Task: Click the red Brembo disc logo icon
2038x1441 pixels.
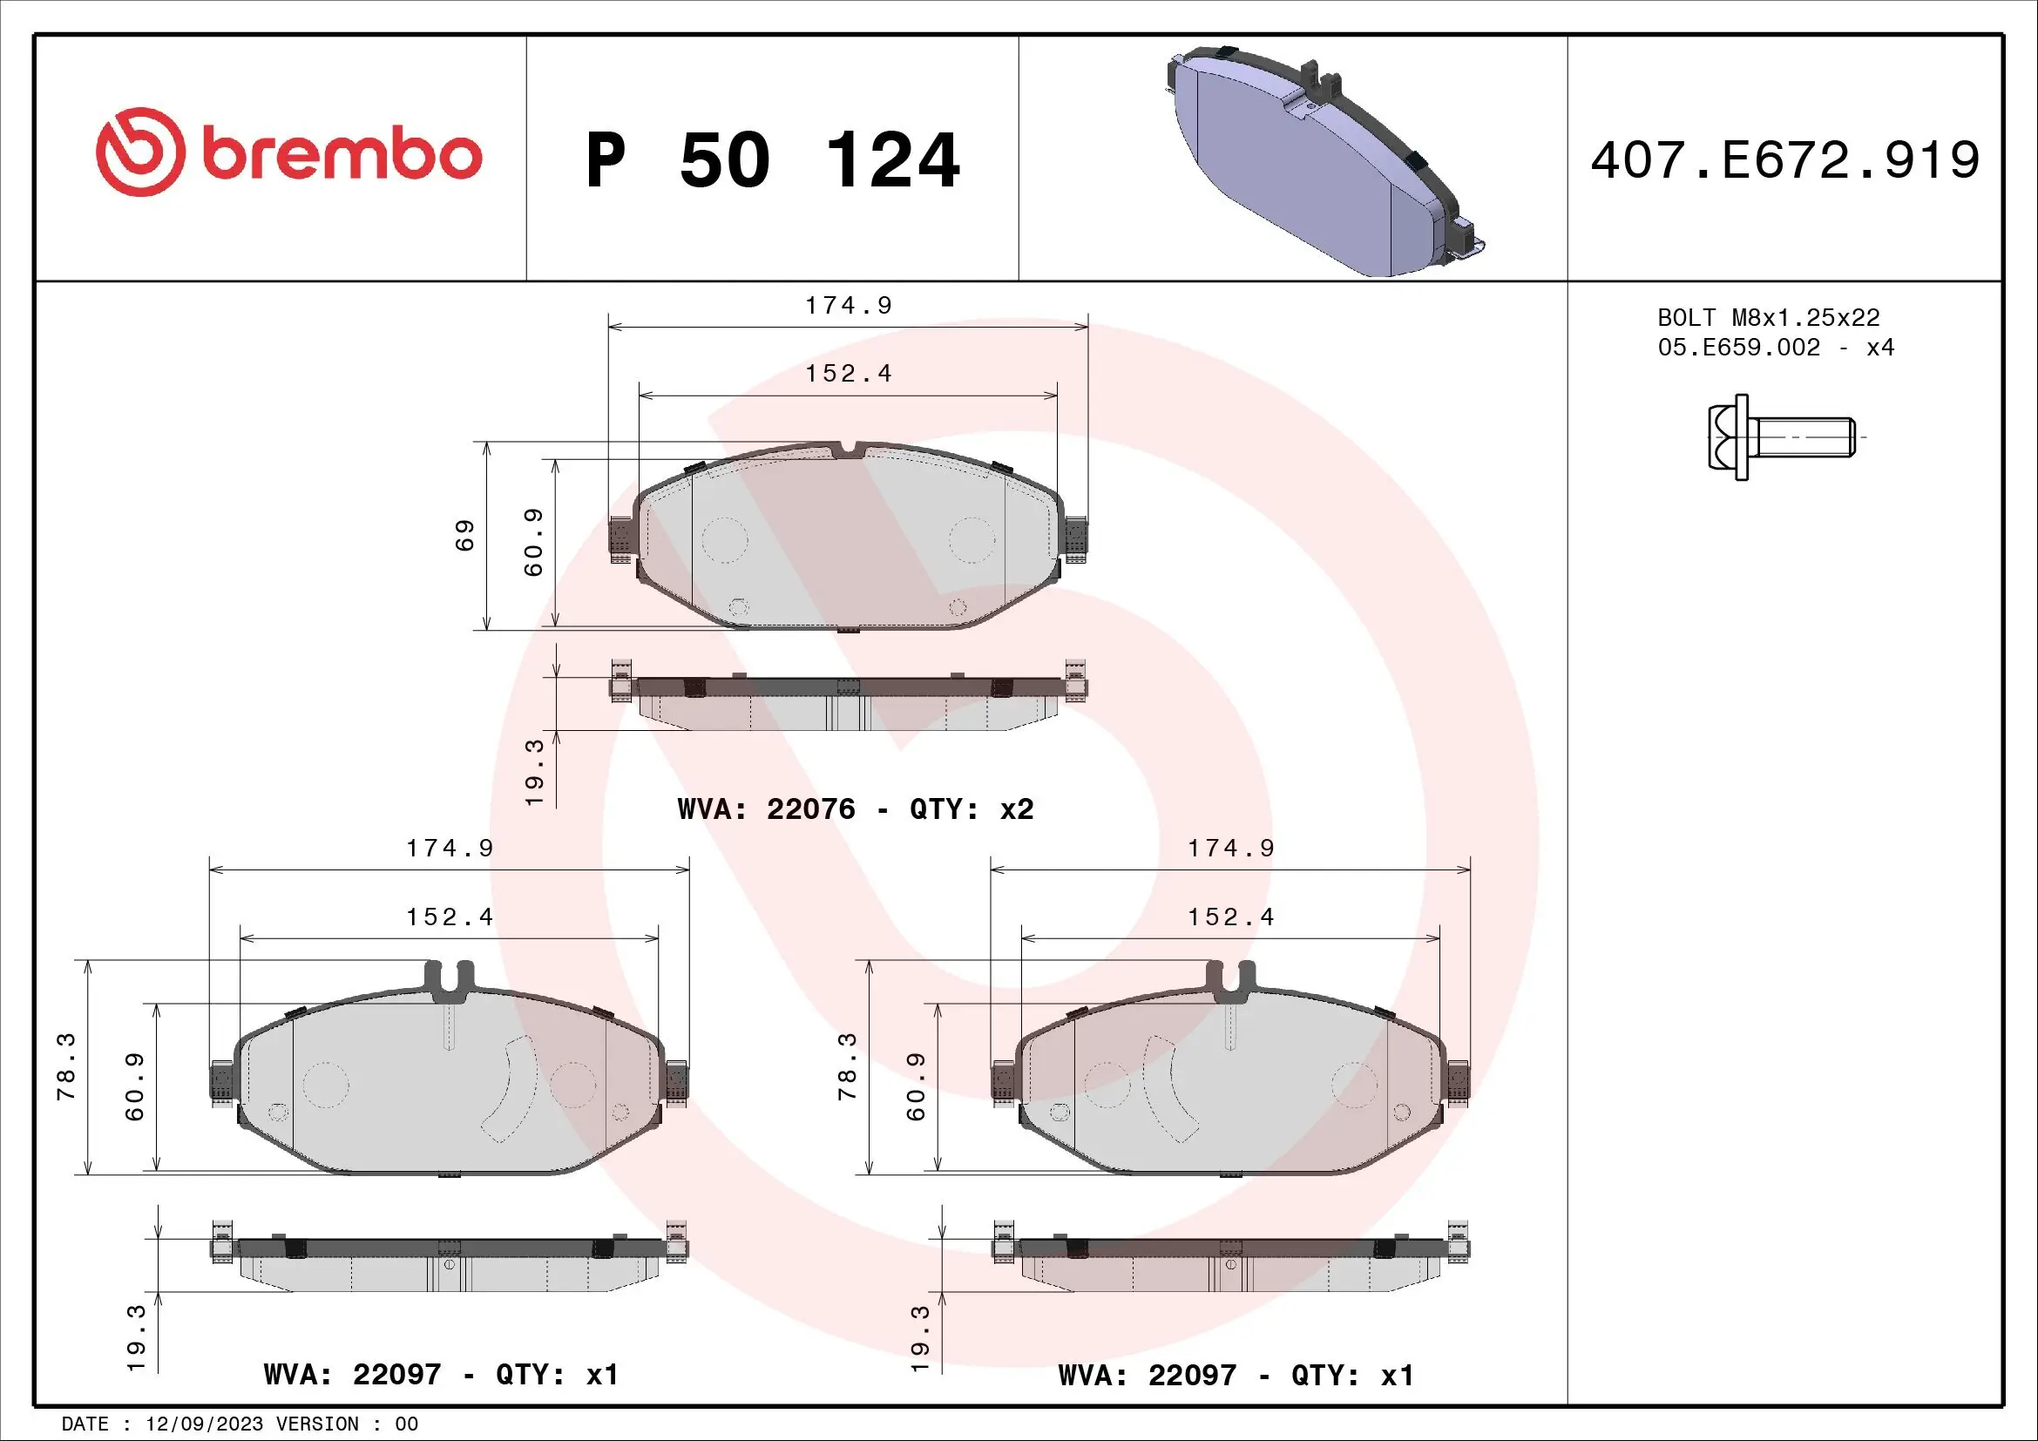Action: coord(140,152)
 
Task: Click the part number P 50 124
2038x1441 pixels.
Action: coord(772,160)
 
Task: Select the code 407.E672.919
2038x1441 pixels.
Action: coord(1784,160)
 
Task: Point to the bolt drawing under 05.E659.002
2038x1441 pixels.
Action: coord(1780,437)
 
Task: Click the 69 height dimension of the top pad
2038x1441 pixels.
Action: coord(465,535)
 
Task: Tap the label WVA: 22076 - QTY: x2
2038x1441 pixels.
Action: coord(855,809)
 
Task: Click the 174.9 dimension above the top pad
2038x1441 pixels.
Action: coord(848,305)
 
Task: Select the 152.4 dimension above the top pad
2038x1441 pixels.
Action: coord(848,374)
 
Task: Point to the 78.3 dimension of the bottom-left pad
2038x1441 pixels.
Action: coord(66,1066)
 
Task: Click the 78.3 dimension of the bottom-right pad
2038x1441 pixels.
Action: coord(848,1066)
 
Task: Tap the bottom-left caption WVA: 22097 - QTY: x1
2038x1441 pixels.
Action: coord(440,1375)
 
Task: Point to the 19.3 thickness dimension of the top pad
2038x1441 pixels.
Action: coord(533,773)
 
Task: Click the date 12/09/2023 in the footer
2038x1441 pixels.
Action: coord(204,1424)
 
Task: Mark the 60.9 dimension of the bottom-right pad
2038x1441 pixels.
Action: coord(916,1087)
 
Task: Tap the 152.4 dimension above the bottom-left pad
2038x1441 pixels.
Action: coord(449,917)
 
